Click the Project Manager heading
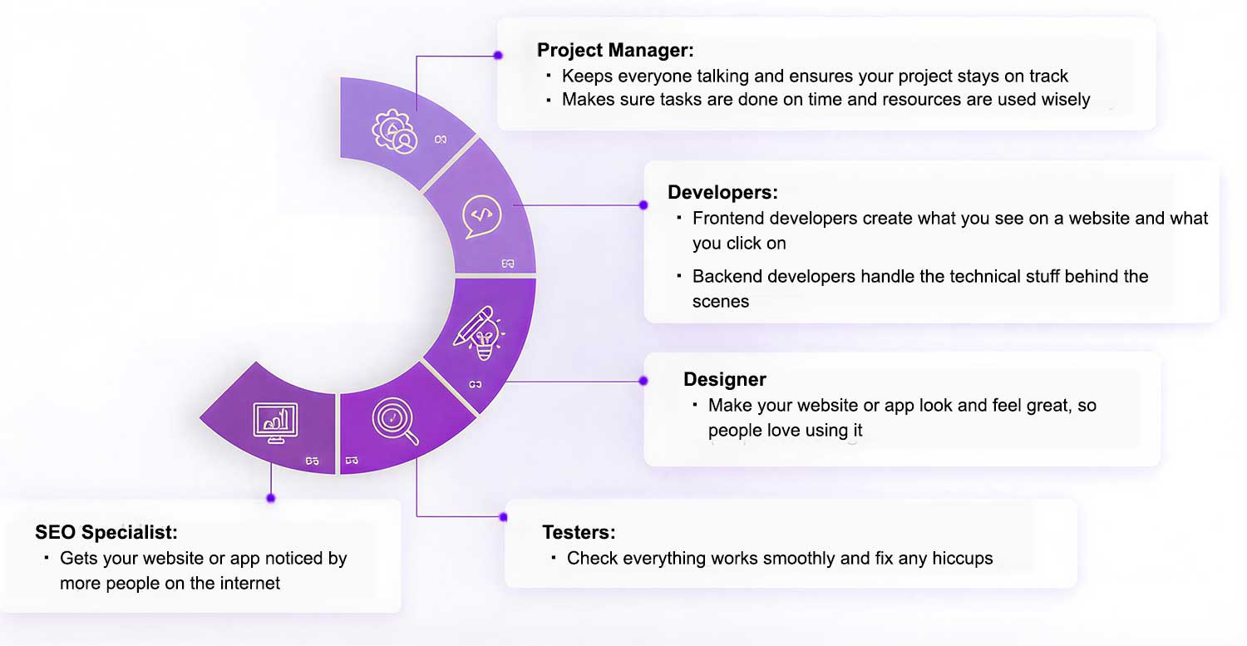[615, 50]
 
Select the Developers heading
[722, 192]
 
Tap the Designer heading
[725, 379]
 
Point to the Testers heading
[579, 532]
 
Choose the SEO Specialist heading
[106, 532]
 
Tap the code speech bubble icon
[481, 216]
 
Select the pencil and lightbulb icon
[478, 333]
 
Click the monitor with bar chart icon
[275, 422]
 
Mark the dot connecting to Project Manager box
[498, 55]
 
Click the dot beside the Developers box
[643, 205]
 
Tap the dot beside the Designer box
[643, 381]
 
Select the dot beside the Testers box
[503, 517]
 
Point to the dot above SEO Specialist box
[271, 498]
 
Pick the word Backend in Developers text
[727, 276]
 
